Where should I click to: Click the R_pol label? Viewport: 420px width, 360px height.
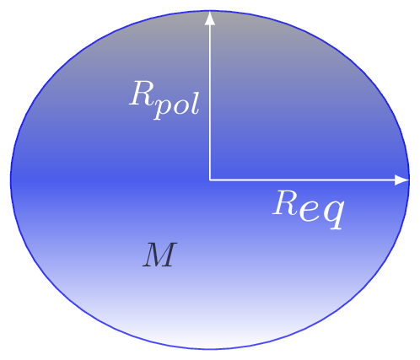click(164, 100)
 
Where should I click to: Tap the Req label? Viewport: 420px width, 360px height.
click(308, 210)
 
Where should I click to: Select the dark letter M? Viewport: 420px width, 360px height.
click(160, 255)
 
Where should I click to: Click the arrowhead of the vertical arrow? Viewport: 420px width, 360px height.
click(210, 18)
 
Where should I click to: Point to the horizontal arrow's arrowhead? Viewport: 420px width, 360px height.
click(402, 180)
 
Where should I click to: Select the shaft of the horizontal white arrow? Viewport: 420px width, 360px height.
click(303, 180)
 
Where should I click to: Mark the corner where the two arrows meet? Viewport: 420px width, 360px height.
click(210, 180)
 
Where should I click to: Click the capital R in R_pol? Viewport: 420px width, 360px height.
click(141, 93)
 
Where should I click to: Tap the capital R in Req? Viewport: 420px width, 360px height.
click(284, 203)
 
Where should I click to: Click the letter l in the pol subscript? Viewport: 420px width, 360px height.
click(195, 100)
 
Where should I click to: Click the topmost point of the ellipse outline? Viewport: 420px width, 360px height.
click(210, 11)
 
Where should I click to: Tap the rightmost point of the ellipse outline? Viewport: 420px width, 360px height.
click(410, 180)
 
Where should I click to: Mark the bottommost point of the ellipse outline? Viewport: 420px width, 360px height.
click(210, 350)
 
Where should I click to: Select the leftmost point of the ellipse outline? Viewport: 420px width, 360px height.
click(11, 180)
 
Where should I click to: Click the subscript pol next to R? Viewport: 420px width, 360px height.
click(176, 104)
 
